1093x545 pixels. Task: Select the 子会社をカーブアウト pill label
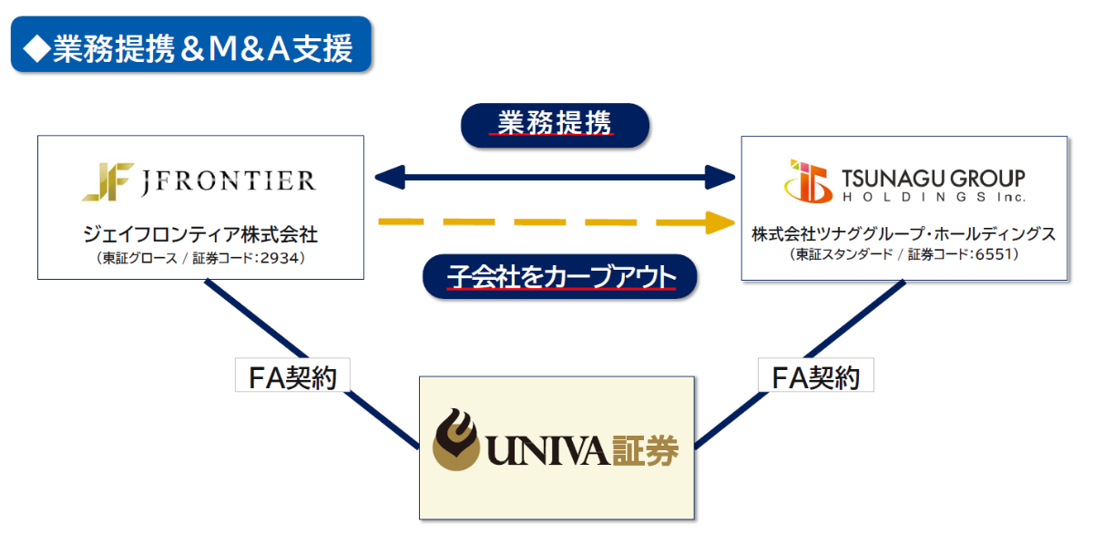(x=560, y=276)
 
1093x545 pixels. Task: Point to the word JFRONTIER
(x=229, y=180)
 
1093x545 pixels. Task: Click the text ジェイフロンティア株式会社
(x=200, y=234)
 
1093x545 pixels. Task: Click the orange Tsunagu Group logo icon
(x=808, y=181)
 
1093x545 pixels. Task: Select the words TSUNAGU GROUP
(x=933, y=177)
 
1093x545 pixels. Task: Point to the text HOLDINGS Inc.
(x=933, y=196)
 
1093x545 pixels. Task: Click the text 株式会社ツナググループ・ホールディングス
(x=904, y=234)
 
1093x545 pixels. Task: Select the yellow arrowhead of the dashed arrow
(x=722, y=221)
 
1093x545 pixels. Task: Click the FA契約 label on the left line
(x=291, y=375)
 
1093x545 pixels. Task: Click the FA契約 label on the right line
(x=815, y=375)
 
